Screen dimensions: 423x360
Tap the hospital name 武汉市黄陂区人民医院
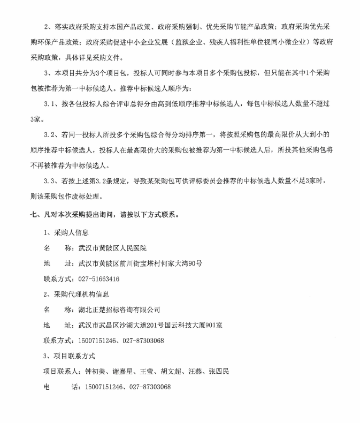(112, 248)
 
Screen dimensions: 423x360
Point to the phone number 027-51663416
(98, 279)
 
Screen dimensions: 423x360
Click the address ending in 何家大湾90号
(140, 263)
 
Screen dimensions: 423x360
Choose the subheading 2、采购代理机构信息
(75, 294)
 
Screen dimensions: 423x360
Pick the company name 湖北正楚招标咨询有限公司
(119, 309)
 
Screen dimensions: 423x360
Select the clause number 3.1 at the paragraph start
(50, 103)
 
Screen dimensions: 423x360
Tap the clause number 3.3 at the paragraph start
(50, 181)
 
